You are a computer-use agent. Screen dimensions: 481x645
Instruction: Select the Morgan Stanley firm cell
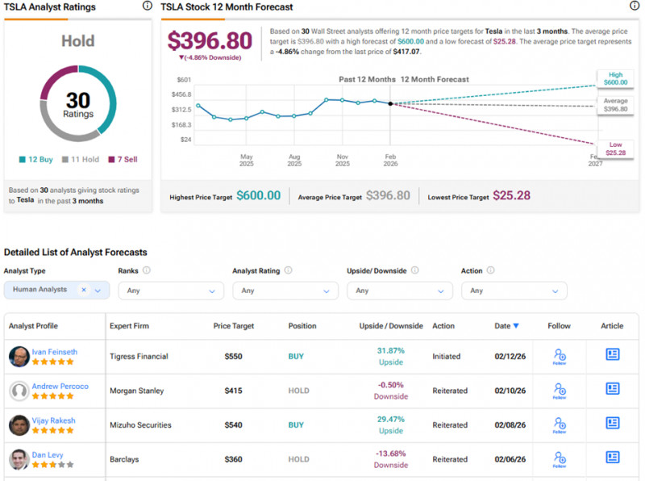[136, 391]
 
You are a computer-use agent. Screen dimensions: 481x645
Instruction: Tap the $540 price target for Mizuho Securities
[233, 425]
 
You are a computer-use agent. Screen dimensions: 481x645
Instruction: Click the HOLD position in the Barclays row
[298, 459]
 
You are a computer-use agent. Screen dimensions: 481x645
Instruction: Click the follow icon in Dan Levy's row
[559, 459]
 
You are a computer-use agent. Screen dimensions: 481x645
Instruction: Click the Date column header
[506, 326]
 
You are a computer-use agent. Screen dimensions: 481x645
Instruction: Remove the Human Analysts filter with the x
[84, 290]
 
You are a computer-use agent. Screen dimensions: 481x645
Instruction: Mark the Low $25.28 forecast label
[615, 148]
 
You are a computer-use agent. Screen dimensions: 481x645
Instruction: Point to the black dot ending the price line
[390, 103]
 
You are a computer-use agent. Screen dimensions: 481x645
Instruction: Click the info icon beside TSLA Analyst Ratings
[147, 6]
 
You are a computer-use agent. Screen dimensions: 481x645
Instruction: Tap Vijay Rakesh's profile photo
[19, 425]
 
